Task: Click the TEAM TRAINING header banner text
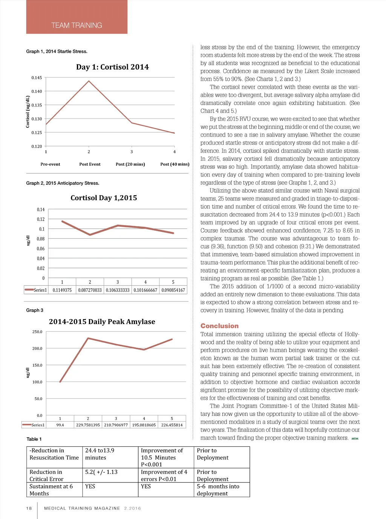pos(77,25)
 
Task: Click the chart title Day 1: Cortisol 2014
pos(112,67)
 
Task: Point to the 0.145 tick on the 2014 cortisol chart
pos(37,78)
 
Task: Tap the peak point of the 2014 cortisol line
pos(89,81)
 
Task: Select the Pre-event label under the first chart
pos(50,164)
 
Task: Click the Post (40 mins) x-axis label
pos(175,164)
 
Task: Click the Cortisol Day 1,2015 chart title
pos(104,198)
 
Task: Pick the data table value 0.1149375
pos(62,290)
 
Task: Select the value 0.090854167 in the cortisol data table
pos(173,290)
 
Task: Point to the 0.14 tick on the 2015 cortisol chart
pos(41,209)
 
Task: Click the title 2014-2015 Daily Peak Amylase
pos(102,321)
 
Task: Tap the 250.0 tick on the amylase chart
pos(37,332)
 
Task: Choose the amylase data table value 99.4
pos(60,425)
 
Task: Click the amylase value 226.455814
pos(172,425)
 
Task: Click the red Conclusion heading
pos(219,326)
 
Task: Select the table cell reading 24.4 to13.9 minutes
pos(100,454)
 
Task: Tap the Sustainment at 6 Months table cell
pos(51,490)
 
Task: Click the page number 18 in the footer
pos(29,508)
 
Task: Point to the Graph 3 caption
pos(35,310)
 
